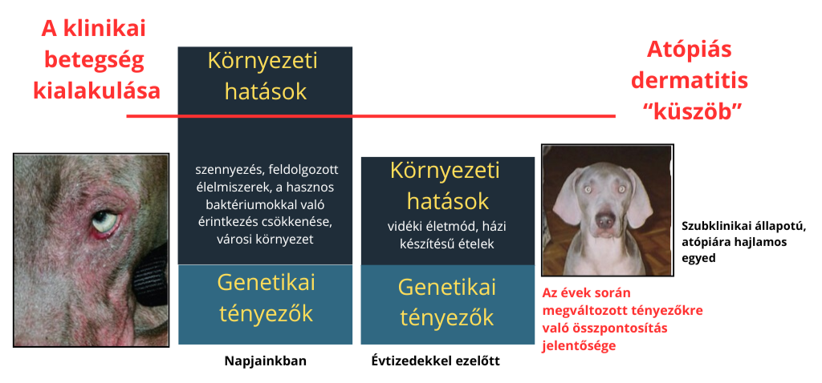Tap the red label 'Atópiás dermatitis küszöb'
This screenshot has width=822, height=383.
tap(690, 81)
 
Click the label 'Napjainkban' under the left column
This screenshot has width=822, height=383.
tap(265, 361)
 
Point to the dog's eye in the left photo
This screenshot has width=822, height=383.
tap(103, 220)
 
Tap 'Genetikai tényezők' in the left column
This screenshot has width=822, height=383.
tap(265, 296)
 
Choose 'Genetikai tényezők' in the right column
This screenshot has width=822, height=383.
tap(447, 302)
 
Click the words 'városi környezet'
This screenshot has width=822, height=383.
tap(265, 239)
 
